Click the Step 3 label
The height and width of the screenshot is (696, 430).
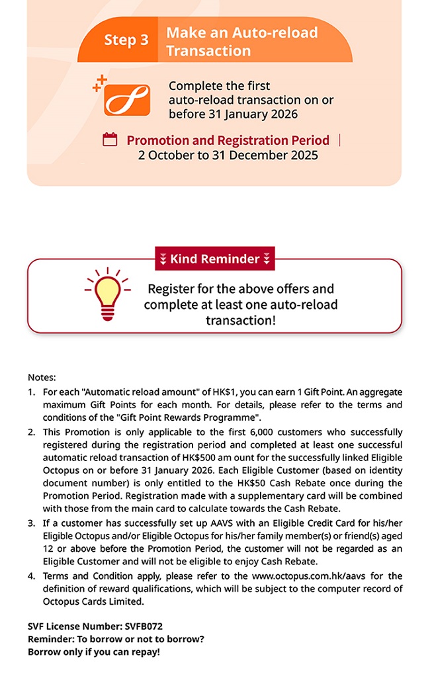coord(126,40)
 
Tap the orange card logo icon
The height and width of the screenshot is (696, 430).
coord(127,99)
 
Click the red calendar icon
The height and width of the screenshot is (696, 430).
coord(110,140)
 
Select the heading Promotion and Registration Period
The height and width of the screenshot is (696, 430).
coord(228,140)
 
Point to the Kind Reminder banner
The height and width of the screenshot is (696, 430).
coord(214,259)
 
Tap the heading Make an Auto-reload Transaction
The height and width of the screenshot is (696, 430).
coord(241,41)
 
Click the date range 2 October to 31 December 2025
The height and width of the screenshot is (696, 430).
coord(228,155)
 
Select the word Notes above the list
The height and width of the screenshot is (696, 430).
coord(42,377)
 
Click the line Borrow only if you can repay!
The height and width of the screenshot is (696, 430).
coord(93,652)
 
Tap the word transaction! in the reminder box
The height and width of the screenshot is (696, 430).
coord(240,320)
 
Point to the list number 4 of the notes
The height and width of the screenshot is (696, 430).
coord(31,575)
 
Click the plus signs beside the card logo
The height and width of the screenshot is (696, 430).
coord(99,83)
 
